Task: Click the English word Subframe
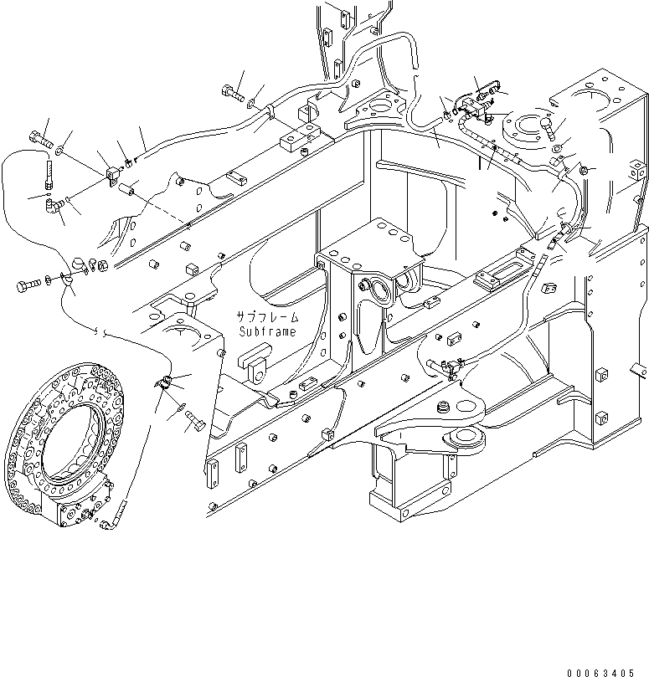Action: click(x=267, y=331)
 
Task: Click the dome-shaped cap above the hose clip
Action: click(x=82, y=264)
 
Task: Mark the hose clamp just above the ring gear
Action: click(x=166, y=384)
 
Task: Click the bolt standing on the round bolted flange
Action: click(x=547, y=126)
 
